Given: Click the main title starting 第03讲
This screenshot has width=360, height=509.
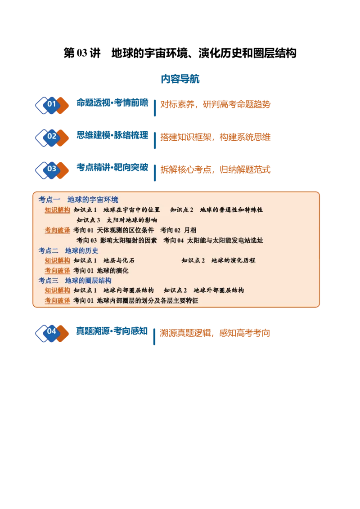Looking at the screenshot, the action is point(180,53).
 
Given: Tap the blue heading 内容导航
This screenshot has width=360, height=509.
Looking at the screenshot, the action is point(180,79).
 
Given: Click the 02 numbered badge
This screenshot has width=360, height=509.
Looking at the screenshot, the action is point(52,138).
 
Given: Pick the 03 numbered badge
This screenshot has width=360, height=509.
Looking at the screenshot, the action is point(52,170).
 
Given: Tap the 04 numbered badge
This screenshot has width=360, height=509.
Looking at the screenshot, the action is point(52,333).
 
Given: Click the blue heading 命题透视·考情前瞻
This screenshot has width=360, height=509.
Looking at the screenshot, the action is point(112,103).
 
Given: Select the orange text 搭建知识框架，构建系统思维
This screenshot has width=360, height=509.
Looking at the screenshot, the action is point(216,137).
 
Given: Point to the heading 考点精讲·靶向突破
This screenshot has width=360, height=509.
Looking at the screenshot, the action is point(112,167).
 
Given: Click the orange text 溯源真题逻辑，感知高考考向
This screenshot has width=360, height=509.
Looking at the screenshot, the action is point(215,333).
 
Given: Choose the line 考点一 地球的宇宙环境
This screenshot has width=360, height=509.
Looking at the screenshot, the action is point(78,199).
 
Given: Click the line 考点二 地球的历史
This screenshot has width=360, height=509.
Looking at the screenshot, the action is point(68,250).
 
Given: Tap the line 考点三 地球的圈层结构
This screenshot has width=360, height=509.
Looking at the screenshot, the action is point(75,280).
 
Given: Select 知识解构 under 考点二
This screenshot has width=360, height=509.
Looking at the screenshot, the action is point(58,260).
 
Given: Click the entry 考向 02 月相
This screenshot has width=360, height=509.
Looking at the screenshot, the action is point(178,230).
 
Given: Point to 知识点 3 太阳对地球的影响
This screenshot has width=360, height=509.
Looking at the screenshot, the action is point(117,220).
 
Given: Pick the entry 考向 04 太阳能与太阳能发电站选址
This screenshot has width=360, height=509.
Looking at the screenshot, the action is point(213,240).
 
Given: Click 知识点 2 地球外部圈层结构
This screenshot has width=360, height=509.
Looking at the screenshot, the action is point(204,290).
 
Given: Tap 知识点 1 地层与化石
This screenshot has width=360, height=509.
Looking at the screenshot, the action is point(104,260).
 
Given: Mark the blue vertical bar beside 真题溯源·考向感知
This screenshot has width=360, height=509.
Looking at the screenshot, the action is point(154,336).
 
